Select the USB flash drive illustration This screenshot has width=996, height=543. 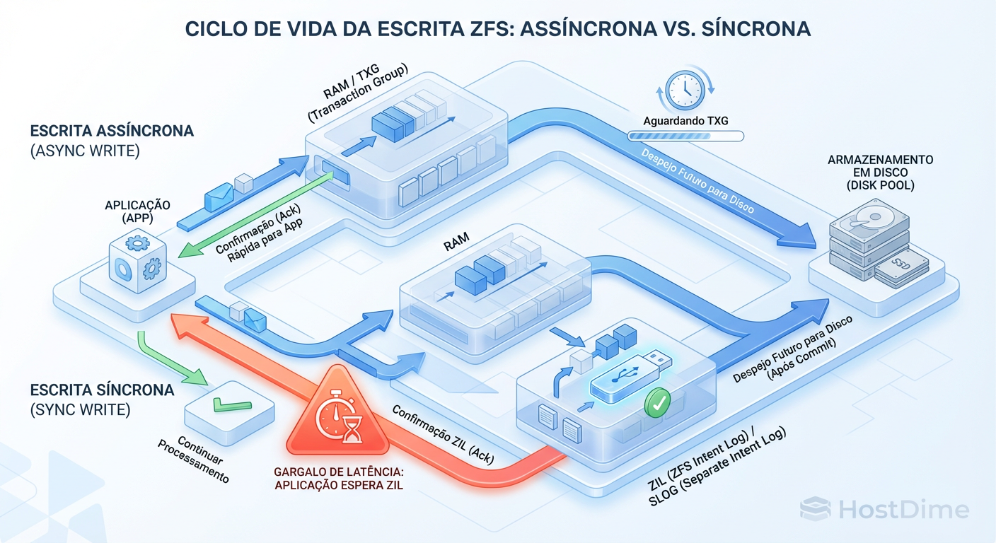629,370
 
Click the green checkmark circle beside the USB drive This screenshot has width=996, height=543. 658,404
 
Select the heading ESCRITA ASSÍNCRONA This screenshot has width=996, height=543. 112,132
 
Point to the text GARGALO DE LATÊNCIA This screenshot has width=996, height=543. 337,472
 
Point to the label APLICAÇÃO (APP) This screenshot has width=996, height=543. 138,211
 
